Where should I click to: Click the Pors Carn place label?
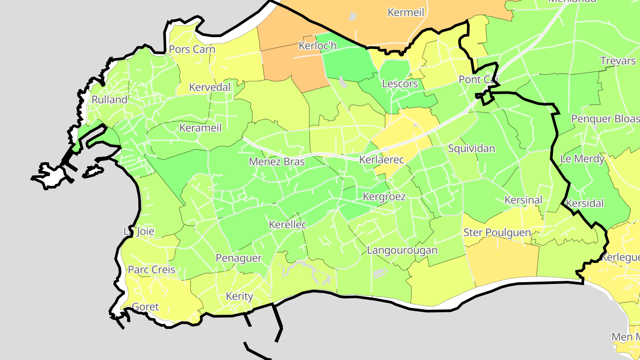(192, 49)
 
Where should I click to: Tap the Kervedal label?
(210, 87)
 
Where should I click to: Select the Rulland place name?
(109, 100)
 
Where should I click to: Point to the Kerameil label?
(200, 128)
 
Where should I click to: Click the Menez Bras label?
(277, 161)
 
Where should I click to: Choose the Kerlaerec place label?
(381, 160)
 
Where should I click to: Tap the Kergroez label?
(384, 196)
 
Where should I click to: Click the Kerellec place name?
(288, 225)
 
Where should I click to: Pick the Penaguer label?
(239, 258)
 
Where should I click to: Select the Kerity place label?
(239, 296)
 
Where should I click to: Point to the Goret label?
(145, 307)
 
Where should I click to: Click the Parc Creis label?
(152, 270)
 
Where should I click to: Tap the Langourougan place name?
(402, 250)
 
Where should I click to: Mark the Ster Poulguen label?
(497, 232)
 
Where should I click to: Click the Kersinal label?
(523, 200)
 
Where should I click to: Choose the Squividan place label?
(471, 148)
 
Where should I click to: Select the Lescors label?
(400, 84)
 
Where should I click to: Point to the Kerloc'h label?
(318, 45)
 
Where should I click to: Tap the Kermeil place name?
(406, 12)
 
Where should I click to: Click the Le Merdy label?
(582, 159)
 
